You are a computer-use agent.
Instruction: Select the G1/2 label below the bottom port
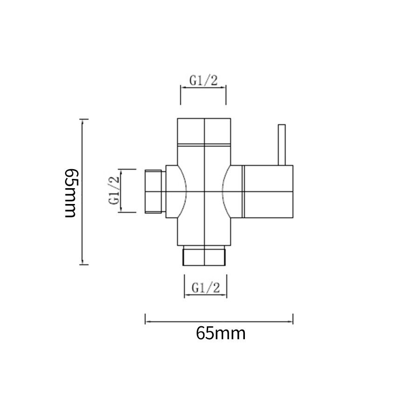tap(206, 288)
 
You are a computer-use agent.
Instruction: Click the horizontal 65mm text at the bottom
tap(221, 333)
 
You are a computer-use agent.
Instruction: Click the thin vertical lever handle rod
tap(282, 145)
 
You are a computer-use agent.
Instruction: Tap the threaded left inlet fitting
tap(154, 191)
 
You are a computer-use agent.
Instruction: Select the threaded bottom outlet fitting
tap(204, 257)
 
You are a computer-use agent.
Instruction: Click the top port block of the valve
tap(204, 132)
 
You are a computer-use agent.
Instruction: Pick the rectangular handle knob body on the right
tap(268, 191)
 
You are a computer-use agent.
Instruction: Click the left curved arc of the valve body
tap(183, 191)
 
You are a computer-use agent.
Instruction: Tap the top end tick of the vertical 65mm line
tap(84, 120)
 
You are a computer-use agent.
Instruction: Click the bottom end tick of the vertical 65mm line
tap(84, 264)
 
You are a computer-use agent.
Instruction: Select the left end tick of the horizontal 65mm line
tap(145, 319)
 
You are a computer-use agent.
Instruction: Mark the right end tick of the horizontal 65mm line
tap(293, 319)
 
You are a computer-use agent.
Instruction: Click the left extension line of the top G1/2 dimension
tap(180, 95)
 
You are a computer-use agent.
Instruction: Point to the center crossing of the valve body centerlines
tap(204, 191)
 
